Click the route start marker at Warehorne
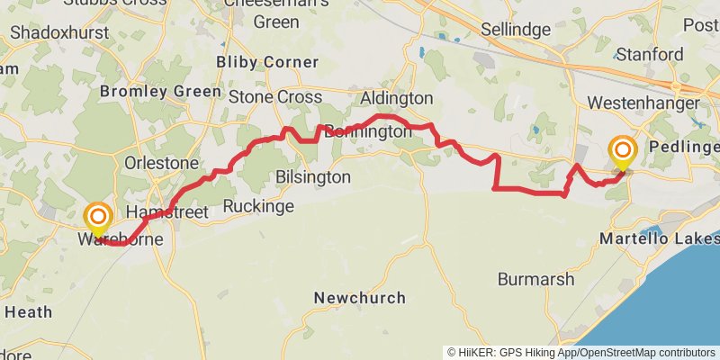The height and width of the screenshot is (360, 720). point(97,219)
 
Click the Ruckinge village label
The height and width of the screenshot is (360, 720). point(258,207)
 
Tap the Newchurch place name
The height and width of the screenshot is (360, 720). point(359,298)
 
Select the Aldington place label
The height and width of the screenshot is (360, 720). point(396,98)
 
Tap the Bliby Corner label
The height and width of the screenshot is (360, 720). point(267,62)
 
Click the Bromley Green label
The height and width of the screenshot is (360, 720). point(160,92)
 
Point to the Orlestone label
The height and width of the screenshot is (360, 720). point(161,164)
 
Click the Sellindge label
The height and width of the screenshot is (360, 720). point(515,30)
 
